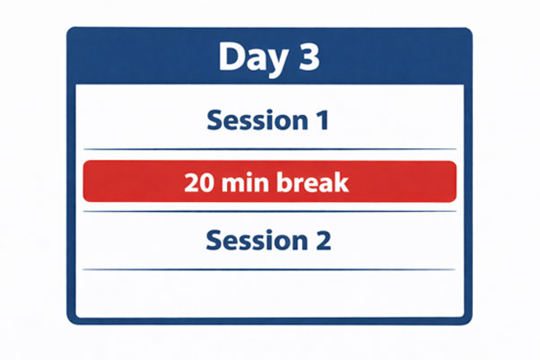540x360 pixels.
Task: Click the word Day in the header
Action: tap(248, 57)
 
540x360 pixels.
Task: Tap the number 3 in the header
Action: tap(306, 57)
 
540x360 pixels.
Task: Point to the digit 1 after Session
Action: tap(323, 119)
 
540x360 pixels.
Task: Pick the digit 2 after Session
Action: tap(323, 241)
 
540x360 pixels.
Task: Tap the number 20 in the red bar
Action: tap(199, 183)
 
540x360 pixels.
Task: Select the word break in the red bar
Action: tap(311, 183)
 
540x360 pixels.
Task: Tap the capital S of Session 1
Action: tap(213, 119)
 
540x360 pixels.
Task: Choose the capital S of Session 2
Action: tap(213, 241)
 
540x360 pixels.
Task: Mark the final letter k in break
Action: tap(342, 183)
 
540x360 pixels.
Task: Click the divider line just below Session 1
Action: tap(269, 149)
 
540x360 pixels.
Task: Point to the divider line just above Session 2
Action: tap(269, 212)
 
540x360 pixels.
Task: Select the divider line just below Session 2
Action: tap(269, 269)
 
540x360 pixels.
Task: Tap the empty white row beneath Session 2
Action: tap(269, 293)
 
